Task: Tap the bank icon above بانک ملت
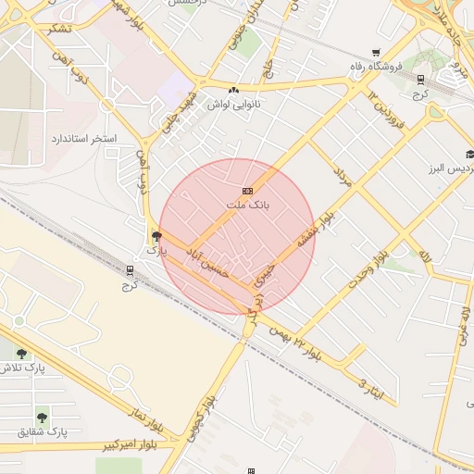(247, 191)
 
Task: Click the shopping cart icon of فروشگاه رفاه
(374, 53)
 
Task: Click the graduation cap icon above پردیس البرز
(469, 154)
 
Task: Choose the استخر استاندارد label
(83, 138)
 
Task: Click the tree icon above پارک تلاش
(21, 352)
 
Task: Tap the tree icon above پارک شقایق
(42, 417)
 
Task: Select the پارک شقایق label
(44, 432)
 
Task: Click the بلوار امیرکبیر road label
(148, 444)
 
